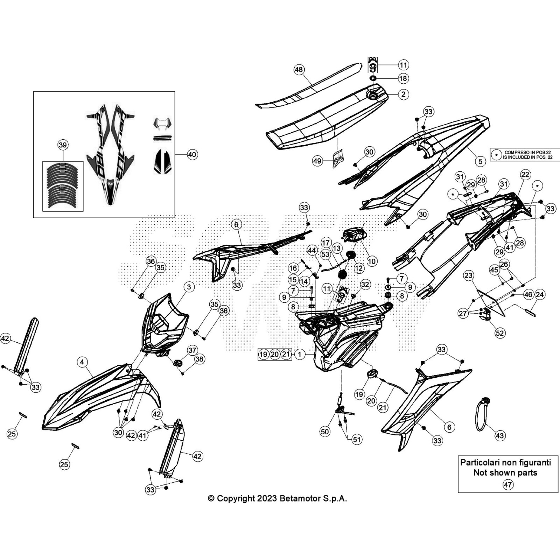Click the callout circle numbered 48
coord(299,70)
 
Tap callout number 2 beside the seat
coord(404,94)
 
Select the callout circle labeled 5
coord(480,161)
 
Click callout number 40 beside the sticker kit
coord(192,154)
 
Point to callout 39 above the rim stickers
coord(63,145)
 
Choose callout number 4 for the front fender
coord(82,362)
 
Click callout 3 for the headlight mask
coord(189,287)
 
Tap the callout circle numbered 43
coord(499,436)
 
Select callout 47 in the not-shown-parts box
coord(507,485)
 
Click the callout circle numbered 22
coord(525,174)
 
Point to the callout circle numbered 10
coord(371,261)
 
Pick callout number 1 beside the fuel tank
coord(300,354)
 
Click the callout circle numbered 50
coord(325,432)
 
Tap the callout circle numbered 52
coord(500,333)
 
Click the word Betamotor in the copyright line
coord(299,498)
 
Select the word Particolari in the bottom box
coord(477,462)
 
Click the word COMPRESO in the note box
coord(516,152)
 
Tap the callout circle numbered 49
coord(317,161)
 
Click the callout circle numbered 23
coord(468,275)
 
